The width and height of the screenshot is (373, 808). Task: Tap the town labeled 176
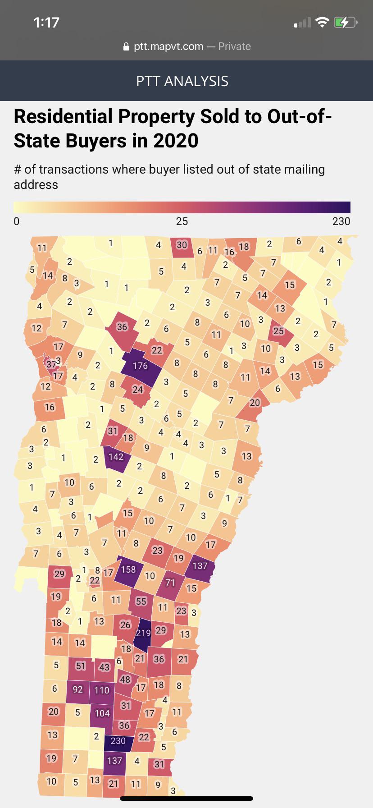click(x=140, y=365)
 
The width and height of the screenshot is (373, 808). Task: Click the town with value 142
click(x=116, y=457)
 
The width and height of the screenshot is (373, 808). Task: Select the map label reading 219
click(x=143, y=633)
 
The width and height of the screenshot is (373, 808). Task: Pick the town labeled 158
click(x=128, y=569)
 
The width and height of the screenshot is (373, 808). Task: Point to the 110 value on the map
click(x=102, y=690)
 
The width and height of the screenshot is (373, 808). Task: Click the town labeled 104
click(x=102, y=713)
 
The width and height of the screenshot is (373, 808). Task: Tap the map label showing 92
click(x=77, y=689)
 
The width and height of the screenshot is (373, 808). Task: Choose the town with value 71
click(x=170, y=583)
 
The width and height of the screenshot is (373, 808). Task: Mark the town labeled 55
click(x=141, y=601)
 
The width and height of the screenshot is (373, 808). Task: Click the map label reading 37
click(x=51, y=363)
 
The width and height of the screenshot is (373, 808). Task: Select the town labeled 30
click(x=182, y=245)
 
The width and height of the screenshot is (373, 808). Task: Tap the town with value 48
click(x=125, y=679)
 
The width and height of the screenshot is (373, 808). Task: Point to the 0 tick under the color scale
click(x=17, y=221)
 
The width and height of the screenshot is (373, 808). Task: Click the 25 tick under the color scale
click(x=182, y=221)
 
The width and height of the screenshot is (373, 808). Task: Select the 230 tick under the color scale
click(x=341, y=221)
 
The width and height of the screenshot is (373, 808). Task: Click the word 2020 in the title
click(x=176, y=141)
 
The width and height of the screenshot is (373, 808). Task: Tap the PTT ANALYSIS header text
click(x=182, y=81)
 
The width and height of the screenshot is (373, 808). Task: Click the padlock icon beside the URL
click(x=126, y=46)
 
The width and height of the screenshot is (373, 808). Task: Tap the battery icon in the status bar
click(x=345, y=22)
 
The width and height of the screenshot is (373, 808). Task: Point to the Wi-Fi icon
click(x=322, y=22)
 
